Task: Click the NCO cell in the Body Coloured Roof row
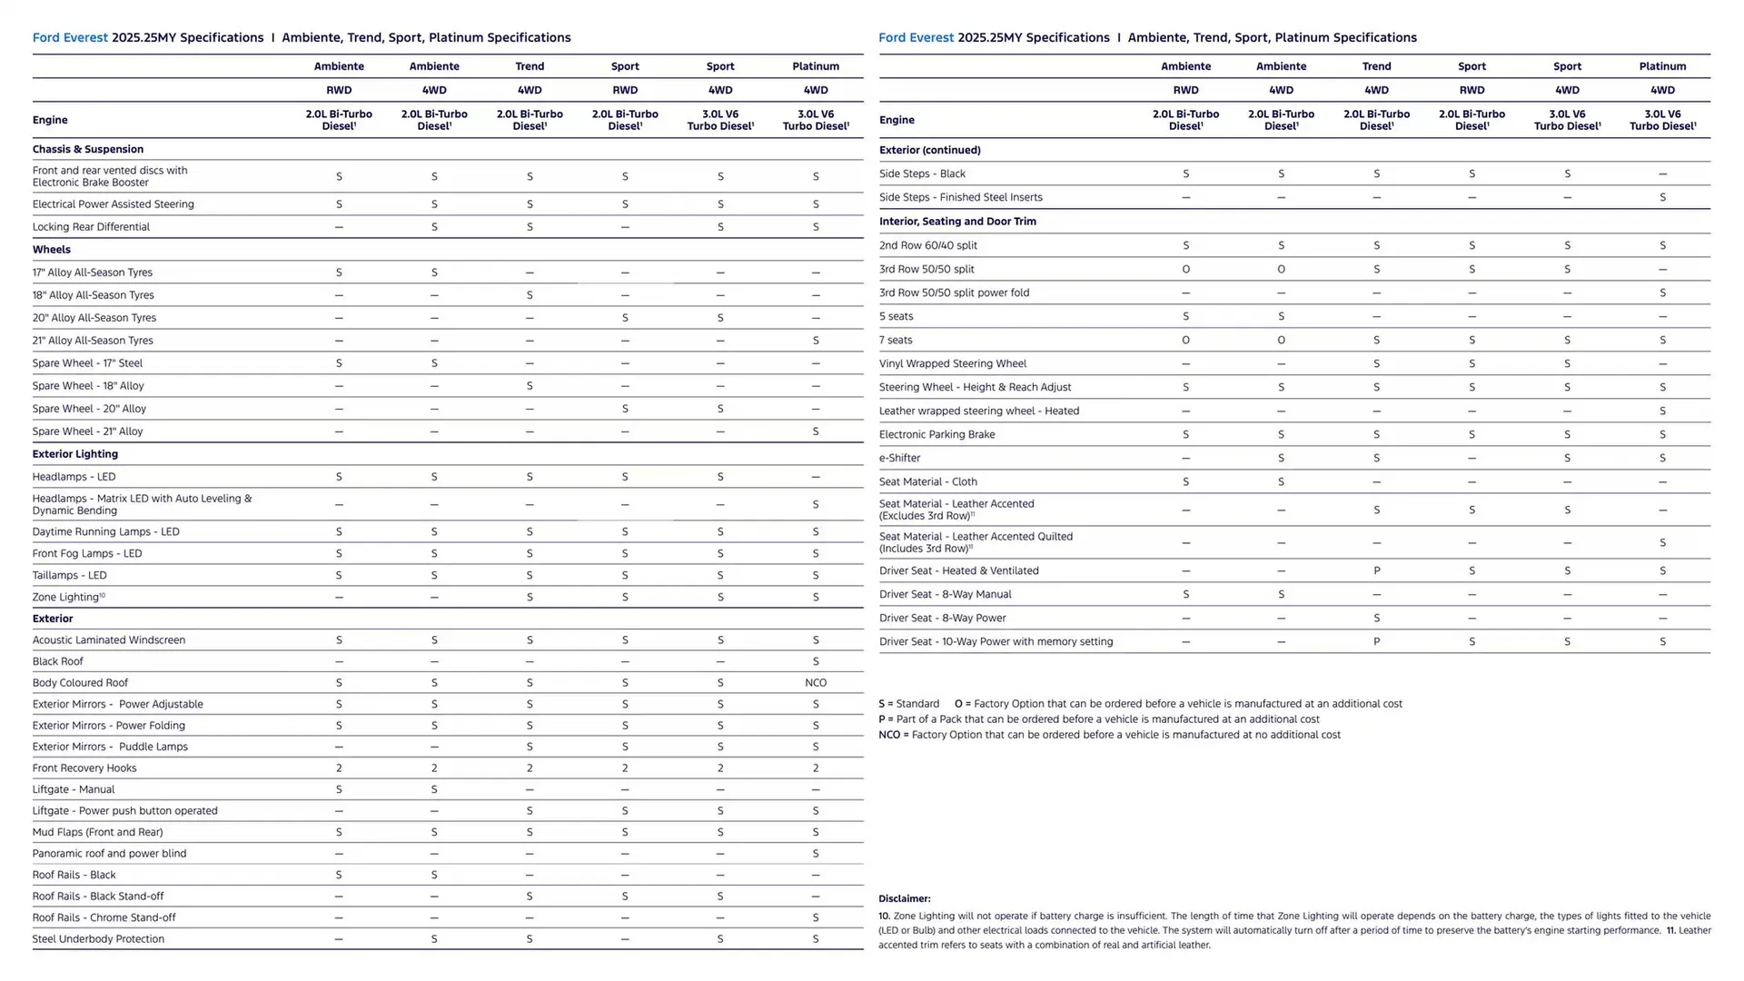[815, 683]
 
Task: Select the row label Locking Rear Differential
[91, 227]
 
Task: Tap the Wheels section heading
[51, 250]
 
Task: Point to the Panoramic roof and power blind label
[109, 854]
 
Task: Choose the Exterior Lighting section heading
[74, 454]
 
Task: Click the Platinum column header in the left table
[815, 66]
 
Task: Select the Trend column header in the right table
[1376, 66]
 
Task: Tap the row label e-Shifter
[899, 459]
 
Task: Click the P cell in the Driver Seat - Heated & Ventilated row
[1376, 571]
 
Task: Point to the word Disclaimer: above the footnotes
[904, 899]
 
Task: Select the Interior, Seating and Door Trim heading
[957, 222]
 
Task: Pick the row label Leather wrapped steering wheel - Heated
[978, 411]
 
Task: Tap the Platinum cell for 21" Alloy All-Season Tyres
[815, 341]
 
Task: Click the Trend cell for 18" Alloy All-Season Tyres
[530, 295]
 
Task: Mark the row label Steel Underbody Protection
[98, 939]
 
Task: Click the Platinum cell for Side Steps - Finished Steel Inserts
[1662, 198]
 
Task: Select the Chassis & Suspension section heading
[87, 150]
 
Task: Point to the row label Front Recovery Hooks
[84, 768]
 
